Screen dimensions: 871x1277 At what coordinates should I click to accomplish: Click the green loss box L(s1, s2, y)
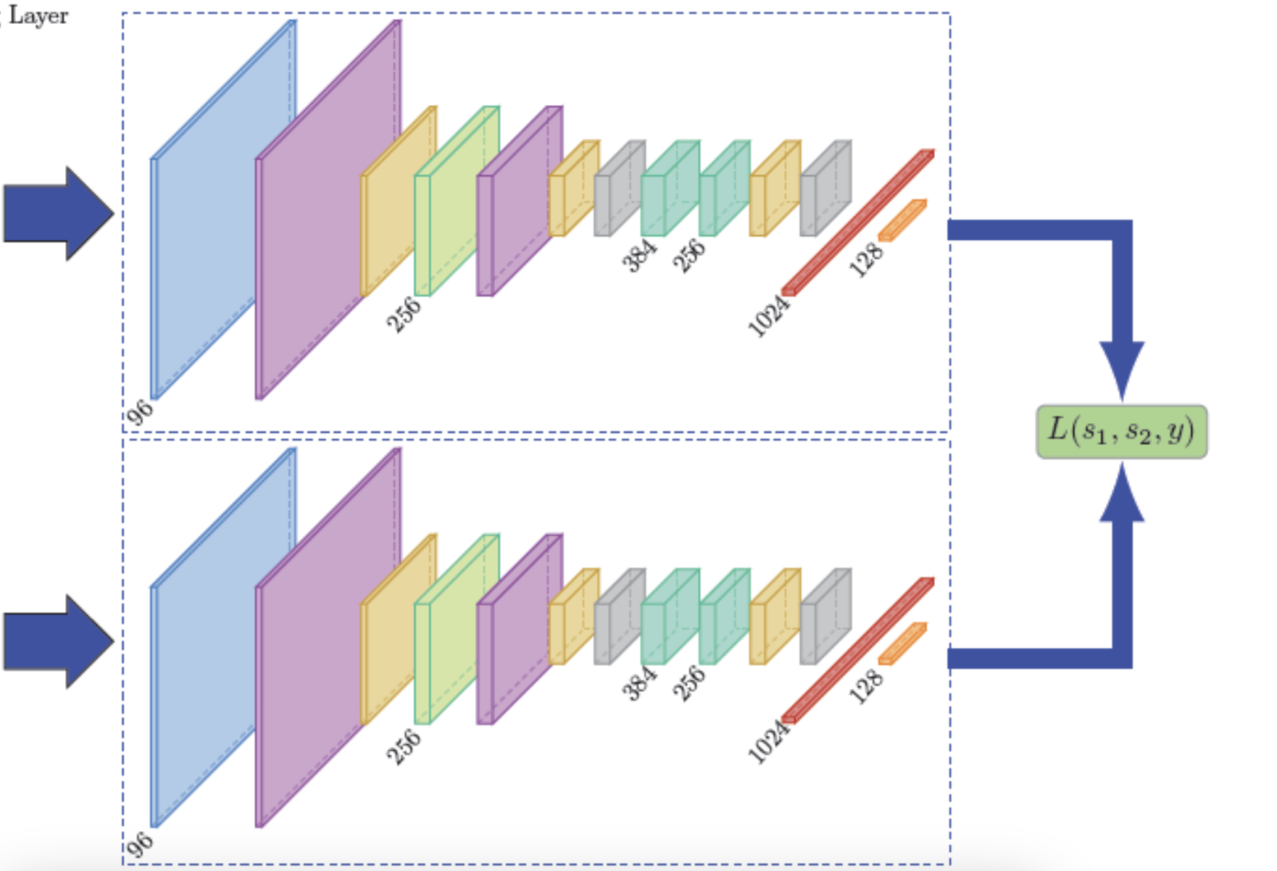click(x=1121, y=431)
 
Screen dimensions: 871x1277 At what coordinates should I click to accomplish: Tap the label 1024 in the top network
click(x=768, y=317)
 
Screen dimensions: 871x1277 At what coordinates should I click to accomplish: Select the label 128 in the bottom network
click(x=866, y=685)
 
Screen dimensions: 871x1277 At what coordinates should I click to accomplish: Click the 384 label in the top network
click(x=639, y=255)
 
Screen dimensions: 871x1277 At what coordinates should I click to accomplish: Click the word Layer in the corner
click(x=38, y=15)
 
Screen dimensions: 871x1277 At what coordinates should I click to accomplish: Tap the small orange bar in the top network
click(x=902, y=220)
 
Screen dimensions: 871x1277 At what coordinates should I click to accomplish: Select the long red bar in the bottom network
click(x=857, y=651)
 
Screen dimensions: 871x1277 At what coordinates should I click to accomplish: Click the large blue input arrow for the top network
click(x=58, y=213)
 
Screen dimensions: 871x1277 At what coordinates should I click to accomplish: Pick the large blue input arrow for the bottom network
click(x=58, y=641)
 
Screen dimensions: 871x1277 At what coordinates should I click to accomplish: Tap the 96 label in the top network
click(x=139, y=412)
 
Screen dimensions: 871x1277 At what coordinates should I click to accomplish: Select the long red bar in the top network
click(x=857, y=222)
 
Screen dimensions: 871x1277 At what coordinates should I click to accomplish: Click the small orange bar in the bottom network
click(x=902, y=643)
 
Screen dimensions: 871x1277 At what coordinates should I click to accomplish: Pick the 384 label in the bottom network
click(x=639, y=683)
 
